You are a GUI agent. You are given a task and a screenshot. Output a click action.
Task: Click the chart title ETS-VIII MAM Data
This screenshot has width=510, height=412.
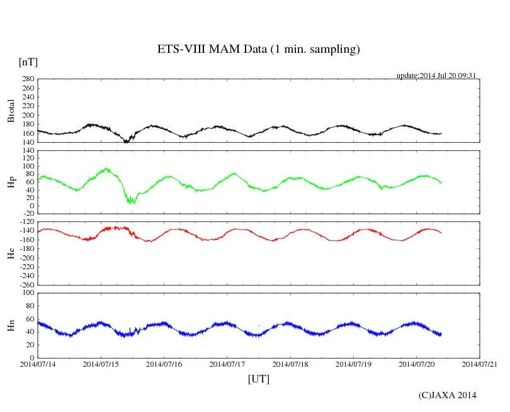click(x=258, y=50)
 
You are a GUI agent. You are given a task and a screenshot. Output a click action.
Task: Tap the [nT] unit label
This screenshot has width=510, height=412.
click(x=28, y=62)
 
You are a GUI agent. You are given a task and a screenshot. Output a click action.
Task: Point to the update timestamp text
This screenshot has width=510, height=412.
click(x=435, y=76)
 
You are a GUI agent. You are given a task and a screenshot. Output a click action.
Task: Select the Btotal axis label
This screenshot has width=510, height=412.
click(x=11, y=111)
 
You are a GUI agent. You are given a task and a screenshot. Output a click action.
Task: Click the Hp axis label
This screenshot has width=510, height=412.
click(x=11, y=182)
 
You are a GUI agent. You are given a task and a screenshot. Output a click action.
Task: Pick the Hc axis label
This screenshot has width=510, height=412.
click(x=11, y=253)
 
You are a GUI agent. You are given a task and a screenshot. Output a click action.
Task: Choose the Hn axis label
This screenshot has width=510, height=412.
click(x=11, y=325)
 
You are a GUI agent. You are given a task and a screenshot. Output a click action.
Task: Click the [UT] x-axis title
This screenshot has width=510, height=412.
click(x=258, y=379)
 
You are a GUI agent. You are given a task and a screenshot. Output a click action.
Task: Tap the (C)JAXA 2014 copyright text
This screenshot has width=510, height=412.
click(x=447, y=395)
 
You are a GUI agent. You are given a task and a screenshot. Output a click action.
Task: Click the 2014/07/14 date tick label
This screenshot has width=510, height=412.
click(x=38, y=364)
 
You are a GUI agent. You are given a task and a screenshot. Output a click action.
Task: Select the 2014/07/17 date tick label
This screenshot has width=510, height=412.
click(x=227, y=364)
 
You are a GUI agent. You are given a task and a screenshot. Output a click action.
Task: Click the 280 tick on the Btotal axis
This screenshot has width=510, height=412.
click(x=28, y=79)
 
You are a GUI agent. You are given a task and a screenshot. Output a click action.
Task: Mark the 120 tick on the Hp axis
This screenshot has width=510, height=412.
click(x=28, y=150)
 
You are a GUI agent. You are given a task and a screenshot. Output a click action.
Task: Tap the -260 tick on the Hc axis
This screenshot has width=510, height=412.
click(x=26, y=285)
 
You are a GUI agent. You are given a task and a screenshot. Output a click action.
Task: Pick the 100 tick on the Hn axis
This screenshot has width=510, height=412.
click(x=28, y=293)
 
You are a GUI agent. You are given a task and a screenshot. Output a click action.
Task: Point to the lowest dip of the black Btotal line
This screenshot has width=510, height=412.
click(x=127, y=142)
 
